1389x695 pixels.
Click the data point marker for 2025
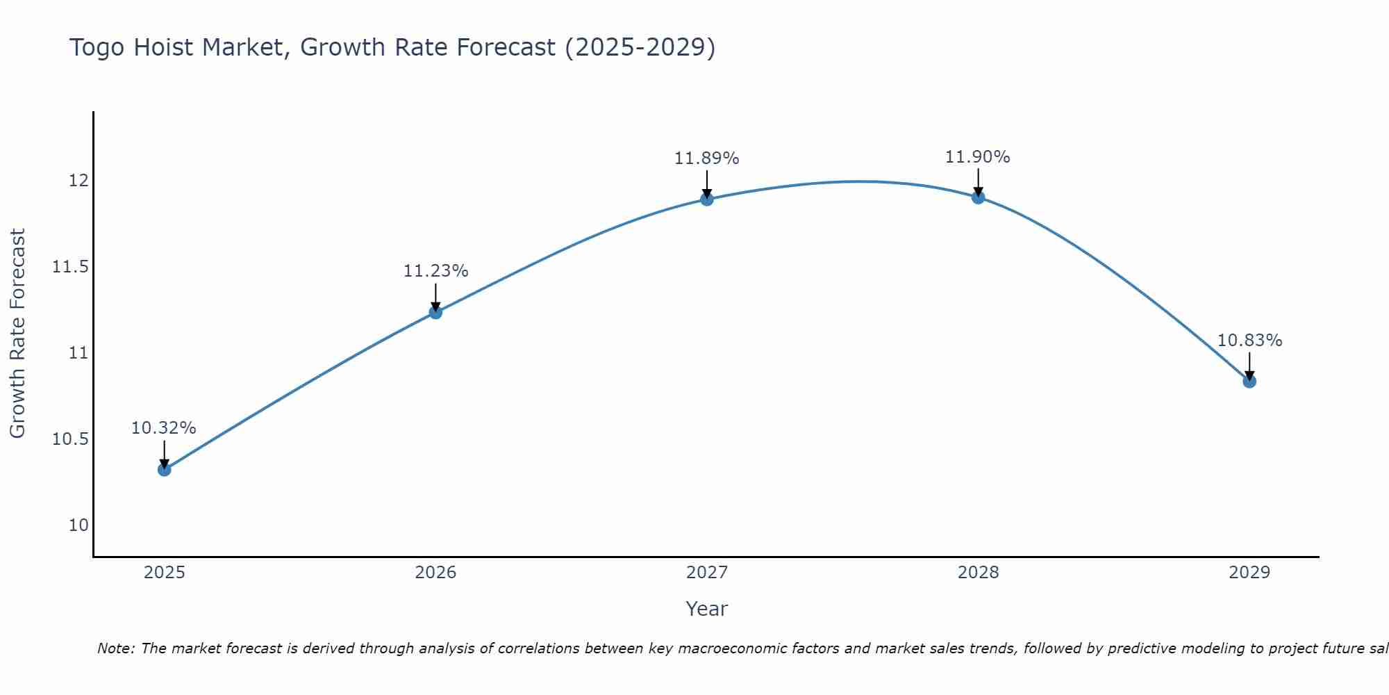[164, 470]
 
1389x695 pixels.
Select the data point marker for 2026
[435, 312]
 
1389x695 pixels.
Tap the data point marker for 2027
[707, 199]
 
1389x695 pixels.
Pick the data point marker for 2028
[978, 197]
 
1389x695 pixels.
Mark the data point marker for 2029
[1249, 382]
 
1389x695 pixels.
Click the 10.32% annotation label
[164, 428]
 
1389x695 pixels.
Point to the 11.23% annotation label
[435, 271]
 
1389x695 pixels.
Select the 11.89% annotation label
[707, 158]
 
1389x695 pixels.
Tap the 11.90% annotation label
[978, 157]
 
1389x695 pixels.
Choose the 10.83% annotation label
[1249, 341]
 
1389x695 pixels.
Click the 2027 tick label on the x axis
[707, 573]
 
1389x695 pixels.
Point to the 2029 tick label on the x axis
[1249, 573]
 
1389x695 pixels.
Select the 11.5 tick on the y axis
[71, 267]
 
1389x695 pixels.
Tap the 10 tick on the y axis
[78, 525]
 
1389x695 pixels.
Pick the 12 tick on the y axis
[78, 181]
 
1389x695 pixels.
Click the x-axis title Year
[706, 609]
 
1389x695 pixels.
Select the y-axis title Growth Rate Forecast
[17, 334]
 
